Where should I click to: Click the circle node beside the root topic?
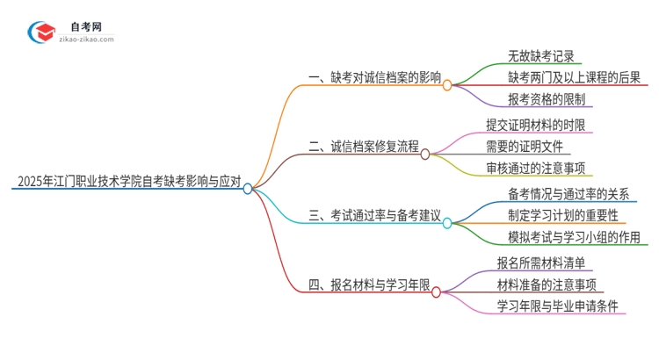click(248, 188)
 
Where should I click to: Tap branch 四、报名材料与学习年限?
click(369, 284)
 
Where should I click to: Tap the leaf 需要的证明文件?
click(525, 147)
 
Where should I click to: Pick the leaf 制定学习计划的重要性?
click(562, 215)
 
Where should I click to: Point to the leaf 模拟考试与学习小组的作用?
click(575, 237)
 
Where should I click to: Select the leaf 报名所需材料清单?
click(545, 262)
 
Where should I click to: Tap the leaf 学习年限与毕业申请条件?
click(557, 306)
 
